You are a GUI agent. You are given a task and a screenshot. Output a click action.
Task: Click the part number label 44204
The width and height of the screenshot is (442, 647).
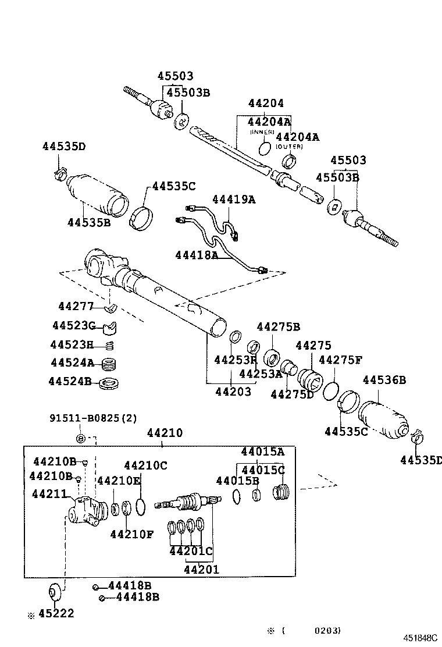pos(266,104)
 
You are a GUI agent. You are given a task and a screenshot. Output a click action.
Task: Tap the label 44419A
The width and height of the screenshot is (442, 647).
pos(234,199)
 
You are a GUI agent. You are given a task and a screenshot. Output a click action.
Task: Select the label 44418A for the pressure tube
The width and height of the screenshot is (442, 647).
pos(197,255)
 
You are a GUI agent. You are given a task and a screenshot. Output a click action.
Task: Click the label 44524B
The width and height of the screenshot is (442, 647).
pos(70,382)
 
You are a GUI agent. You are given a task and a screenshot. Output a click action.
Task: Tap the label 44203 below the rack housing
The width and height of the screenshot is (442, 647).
pos(233,392)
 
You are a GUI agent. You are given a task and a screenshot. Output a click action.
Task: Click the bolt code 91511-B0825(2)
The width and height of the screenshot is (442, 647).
pos(93,418)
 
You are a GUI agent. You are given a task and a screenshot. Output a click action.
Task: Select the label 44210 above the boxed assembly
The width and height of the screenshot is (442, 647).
pos(165,433)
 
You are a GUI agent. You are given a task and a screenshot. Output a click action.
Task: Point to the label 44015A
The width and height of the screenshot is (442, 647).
pos(263,452)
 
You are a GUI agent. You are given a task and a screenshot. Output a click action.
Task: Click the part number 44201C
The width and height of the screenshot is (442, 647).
pos(191,550)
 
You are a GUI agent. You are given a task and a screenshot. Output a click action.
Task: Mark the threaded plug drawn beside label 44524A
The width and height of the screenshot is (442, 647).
pos(109,365)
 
